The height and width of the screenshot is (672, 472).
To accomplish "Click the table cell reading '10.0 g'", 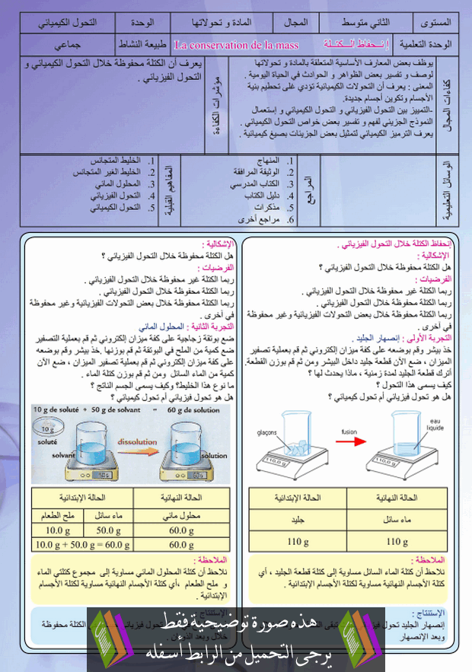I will pos(58,530).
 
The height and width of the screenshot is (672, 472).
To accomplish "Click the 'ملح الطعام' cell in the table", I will pos(58,516).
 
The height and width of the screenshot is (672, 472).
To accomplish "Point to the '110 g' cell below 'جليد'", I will pos(295,542).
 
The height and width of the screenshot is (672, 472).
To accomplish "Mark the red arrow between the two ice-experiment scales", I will pos(349,446).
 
